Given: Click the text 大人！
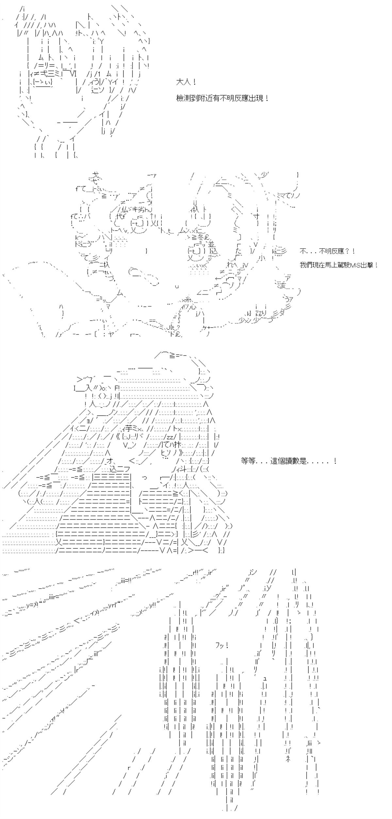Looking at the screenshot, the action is coord(186,82).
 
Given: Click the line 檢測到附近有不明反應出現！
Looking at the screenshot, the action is coord(222,98).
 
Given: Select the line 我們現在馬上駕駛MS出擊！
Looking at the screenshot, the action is coord(339,265).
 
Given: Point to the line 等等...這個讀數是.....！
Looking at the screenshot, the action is coord(288,461).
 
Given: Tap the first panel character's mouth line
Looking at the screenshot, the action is coord(67,122).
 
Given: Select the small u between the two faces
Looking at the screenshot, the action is coord(177,286).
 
